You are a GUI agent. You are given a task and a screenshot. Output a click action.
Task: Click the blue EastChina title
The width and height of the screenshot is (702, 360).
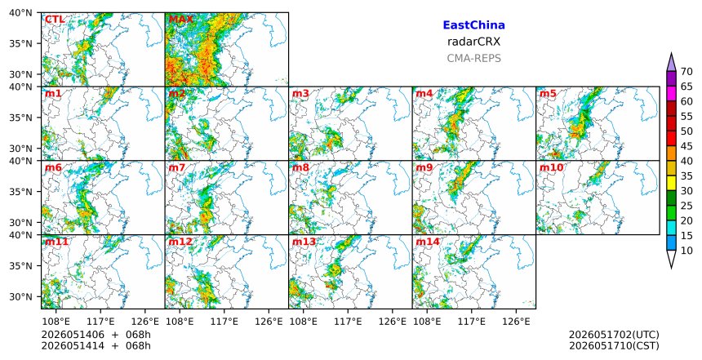coord(473,25)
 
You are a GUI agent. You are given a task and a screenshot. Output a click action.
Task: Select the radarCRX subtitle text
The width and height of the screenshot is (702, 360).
coord(473,42)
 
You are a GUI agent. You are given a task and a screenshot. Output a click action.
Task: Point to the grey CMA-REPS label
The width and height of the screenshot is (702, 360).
coord(473,58)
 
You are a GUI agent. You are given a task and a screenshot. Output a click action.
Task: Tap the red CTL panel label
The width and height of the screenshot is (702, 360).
coord(55,20)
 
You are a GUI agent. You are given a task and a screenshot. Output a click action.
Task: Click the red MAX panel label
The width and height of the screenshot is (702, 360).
coord(181,20)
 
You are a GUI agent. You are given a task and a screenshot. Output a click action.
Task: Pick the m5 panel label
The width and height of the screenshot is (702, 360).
coord(548,94)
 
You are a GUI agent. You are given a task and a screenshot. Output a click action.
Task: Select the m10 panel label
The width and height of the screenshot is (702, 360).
coord(551,168)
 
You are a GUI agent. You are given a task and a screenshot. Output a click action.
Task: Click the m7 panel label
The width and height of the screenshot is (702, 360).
coord(177,168)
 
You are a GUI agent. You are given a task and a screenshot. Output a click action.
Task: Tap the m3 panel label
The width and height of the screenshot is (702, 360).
coord(300,94)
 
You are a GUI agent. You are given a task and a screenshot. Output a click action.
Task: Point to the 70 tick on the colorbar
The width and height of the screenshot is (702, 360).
coord(686,72)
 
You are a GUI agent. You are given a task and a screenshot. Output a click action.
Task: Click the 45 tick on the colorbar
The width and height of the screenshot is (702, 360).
coord(686,146)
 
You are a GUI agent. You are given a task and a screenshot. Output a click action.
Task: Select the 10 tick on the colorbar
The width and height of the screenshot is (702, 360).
coord(686,251)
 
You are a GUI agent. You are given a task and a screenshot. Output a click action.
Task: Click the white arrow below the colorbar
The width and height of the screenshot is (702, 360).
coord(671,258)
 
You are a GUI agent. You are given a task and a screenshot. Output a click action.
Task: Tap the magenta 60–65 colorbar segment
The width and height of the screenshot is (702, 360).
coord(671,94)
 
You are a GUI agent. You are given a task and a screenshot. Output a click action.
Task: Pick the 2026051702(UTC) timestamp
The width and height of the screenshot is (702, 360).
coord(614,335)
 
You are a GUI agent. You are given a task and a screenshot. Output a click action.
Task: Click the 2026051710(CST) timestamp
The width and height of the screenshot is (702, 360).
coord(614,345)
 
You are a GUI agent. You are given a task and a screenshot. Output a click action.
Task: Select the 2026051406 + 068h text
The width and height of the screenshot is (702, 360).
coord(96,335)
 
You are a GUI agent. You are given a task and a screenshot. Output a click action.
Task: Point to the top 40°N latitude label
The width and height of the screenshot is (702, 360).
coord(20,12)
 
